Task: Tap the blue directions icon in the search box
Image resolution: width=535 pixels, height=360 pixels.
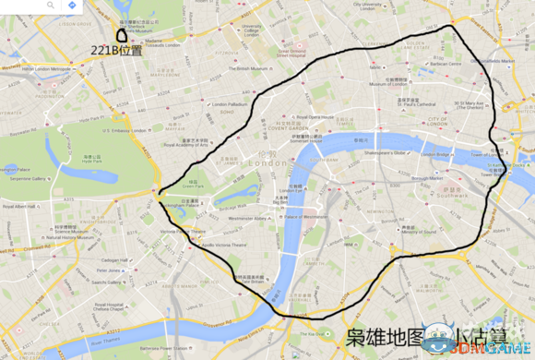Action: click(x=71, y=6)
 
